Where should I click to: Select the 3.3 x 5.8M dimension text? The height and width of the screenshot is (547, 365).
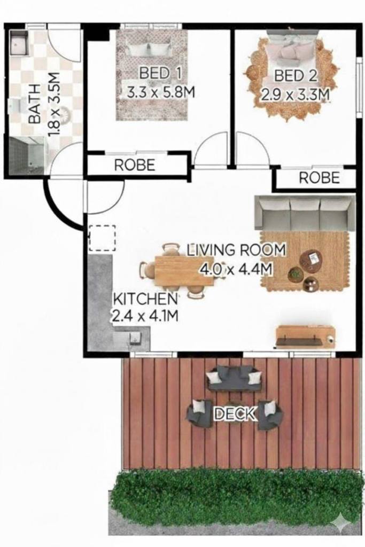pyautogui.click(x=160, y=92)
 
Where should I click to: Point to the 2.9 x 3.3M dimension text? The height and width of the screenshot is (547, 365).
pyautogui.click(x=295, y=95)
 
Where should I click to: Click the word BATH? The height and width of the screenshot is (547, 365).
pyautogui.click(x=34, y=104)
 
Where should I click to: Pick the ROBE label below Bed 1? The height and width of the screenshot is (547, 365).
pyautogui.click(x=135, y=165)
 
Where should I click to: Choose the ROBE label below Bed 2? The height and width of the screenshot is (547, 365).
pyautogui.click(x=319, y=178)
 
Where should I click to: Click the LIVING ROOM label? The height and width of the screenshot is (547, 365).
pyautogui.click(x=236, y=250)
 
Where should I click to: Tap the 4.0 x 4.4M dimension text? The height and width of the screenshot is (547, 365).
pyautogui.click(x=236, y=269)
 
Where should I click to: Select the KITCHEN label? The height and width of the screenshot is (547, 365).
pyautogui.click(x=145, y=299)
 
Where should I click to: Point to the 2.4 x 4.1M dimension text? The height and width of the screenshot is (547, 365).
pyautogui.click(x=145, y=316)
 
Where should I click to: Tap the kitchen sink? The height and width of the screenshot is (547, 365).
pyautogui.click(x=134, y=338)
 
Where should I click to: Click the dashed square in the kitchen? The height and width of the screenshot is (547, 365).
pyautogui.click(x=102, y=238)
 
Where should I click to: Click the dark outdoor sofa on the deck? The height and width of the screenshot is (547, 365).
pyautogui.click(x=234, y=379)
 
